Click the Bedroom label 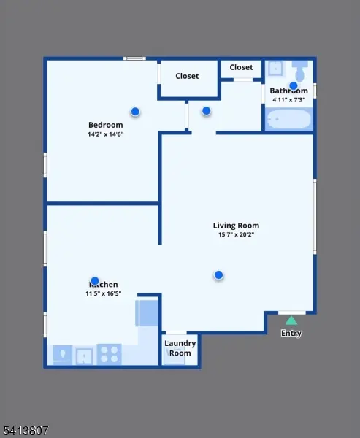click(x=105, y=125)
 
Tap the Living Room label click(x=236, y=226)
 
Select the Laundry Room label click(x=178, y=348)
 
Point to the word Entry click(x=291, y=334)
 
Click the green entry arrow click(x=291, y=320)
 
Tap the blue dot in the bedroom click(x=135, y=111)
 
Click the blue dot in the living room click(x=218, y=274)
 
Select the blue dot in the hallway click(x=206, y=111)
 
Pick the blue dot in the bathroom click(x=293, y=85)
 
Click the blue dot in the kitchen click(x=94, y=281)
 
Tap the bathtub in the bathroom click(x=289, y=119)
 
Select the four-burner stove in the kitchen click(x=110, y=355)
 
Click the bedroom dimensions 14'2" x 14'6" click(x=105, y=134)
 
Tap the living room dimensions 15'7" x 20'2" click(x=236, y=235)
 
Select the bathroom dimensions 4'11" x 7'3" click(x=289, y=99)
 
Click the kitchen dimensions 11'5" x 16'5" click(x=103, y=293)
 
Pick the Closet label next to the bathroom click(x=241, y=67)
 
